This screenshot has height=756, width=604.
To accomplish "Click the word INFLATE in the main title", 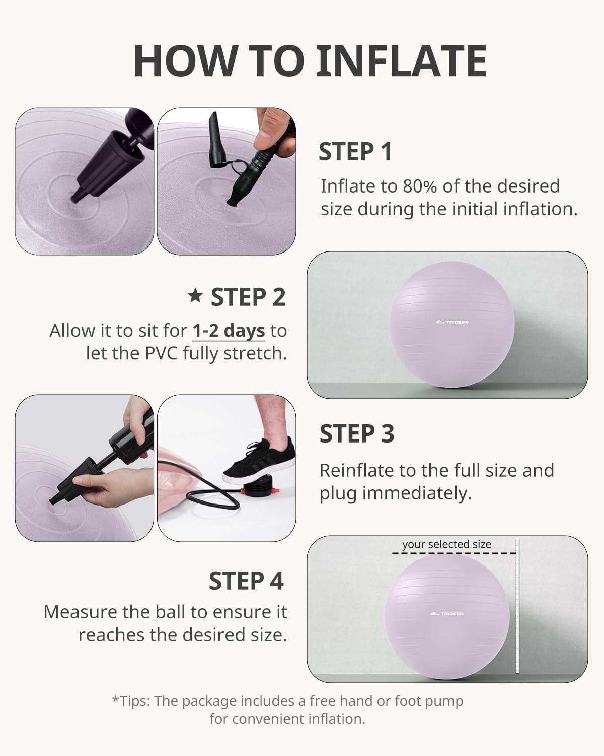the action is pyautogui.click(x=401, y=61).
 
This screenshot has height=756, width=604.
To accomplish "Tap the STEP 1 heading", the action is pyautogui.click(x=355, y=152).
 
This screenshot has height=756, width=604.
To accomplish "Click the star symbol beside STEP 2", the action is pyautogui.click(x=195, y=296).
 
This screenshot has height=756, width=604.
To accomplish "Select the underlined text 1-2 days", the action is pyautogui.click(x=229, y=331).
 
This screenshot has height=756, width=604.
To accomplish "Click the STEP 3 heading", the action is pyautogui.click(x=357, y=433).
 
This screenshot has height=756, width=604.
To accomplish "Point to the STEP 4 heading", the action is pyautogui.click(x=246, y=581).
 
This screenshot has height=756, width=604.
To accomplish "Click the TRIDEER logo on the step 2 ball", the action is pyautogui.click(x=452, y=322).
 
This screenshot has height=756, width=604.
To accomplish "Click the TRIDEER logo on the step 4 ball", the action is pyautogui.click(x=447, y=614).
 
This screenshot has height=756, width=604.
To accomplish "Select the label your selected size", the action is pyautogui.click(x=447, y=544).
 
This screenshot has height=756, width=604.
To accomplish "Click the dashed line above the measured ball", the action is pyautogui.click(x=454, y=554).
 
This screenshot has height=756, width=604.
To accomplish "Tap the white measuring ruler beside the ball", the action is pyautogui.click(x=517, y=606).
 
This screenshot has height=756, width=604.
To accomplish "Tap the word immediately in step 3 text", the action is pyautogui.click(x=417, y=493).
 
